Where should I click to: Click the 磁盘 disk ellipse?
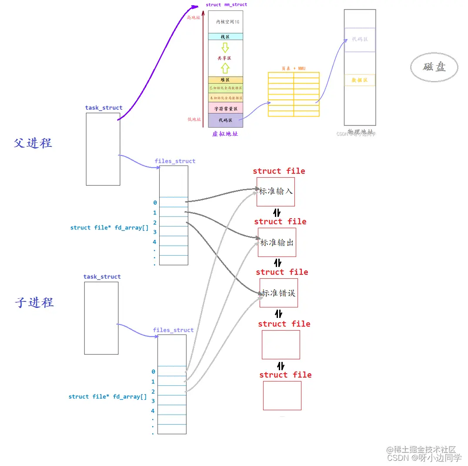pos(434,67)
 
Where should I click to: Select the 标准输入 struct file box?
pos(276,192)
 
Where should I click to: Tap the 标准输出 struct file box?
pos(277,242)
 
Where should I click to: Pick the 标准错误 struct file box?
pos(279,293)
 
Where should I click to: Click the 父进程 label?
pos(33,143)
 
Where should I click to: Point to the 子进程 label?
pos(34,302)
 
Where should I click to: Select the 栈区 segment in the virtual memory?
pos(225,37)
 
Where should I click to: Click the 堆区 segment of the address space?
pos(225,80)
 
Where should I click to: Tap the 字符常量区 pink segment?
pos(225,108)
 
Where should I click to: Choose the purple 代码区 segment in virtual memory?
pos(225,120)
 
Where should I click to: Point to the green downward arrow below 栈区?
pos(225,47)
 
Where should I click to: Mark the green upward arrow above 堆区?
pos(225,68)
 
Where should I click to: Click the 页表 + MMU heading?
pos(293,68)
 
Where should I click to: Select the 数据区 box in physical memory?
pos(360,80)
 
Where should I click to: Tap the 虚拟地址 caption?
pos(225,134)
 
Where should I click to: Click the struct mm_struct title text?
pos(226,5)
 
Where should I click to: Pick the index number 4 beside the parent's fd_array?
pos(154,242)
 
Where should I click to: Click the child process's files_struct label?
pos(173,330)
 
